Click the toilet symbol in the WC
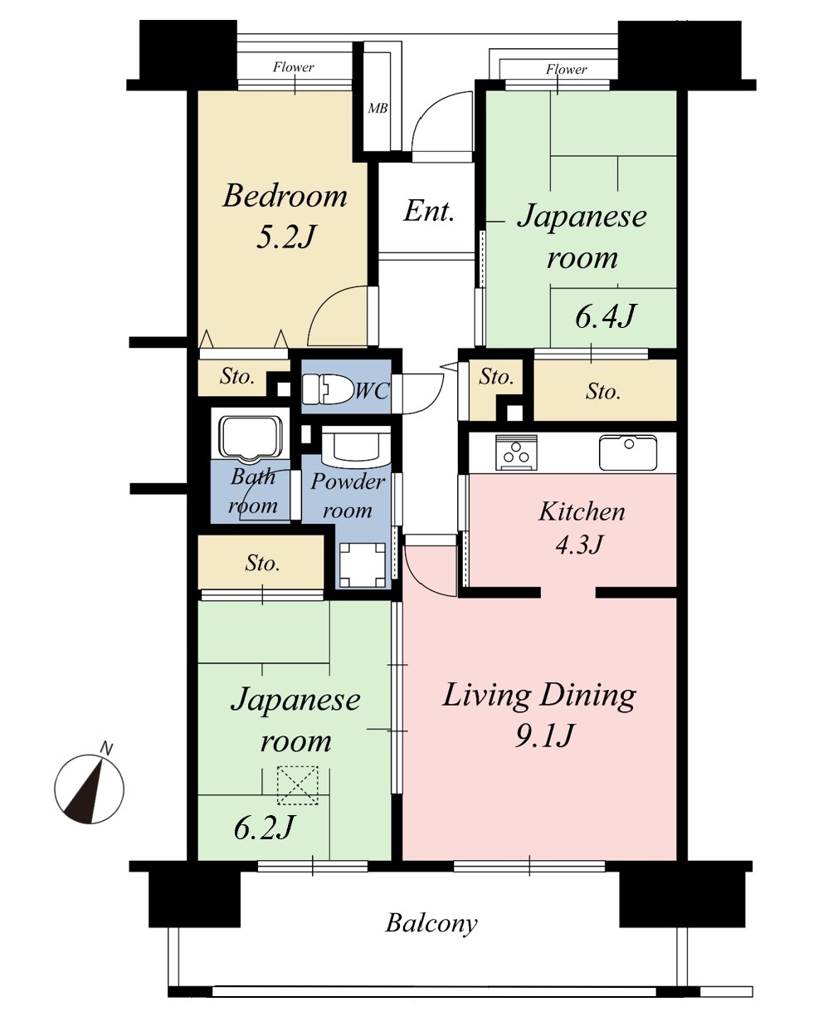tap(327, 388)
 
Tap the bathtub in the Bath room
tap(251, 437)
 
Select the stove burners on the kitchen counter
tap(516, 452)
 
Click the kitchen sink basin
tap(628, 452)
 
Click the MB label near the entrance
tap(378, 108)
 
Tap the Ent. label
tap(429, 212)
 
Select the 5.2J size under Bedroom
tap(285, 237)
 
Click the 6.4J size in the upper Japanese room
tap(605, 316)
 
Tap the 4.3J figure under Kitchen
tap(579, 544)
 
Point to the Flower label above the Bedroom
tap(293, 66)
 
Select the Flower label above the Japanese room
tap(567, 69)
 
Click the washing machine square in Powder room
tap(363, 564)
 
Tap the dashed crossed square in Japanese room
tap(298, 785)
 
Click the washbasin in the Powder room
tap(356, 445)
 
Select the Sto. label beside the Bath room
tap(262, 563)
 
